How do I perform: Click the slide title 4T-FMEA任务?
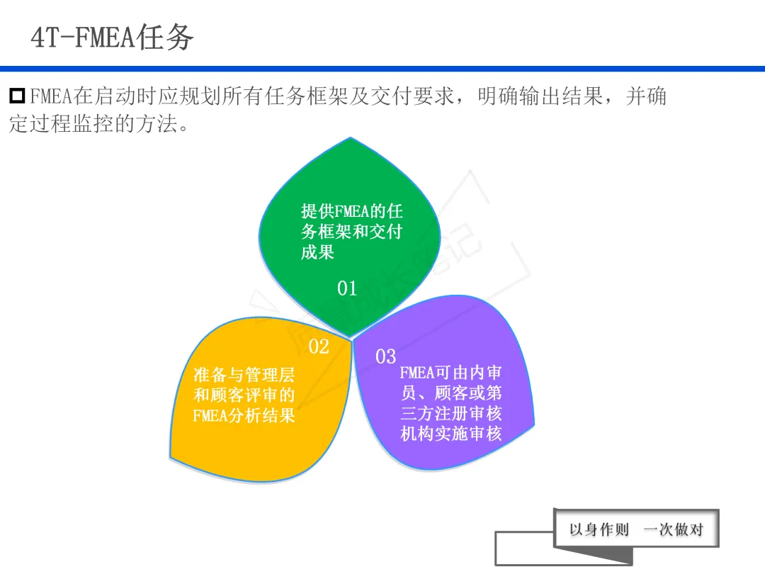112,37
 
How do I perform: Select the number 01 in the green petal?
347,288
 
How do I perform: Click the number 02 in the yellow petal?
319,347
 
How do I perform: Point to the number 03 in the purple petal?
385,356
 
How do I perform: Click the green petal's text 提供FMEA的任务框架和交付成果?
351,231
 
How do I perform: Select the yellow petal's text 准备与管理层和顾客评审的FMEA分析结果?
244,395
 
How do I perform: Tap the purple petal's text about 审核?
450,403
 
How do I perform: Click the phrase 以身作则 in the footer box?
599,529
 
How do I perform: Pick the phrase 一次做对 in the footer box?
673,529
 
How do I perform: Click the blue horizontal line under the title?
382,69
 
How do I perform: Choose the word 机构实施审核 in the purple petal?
450,434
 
